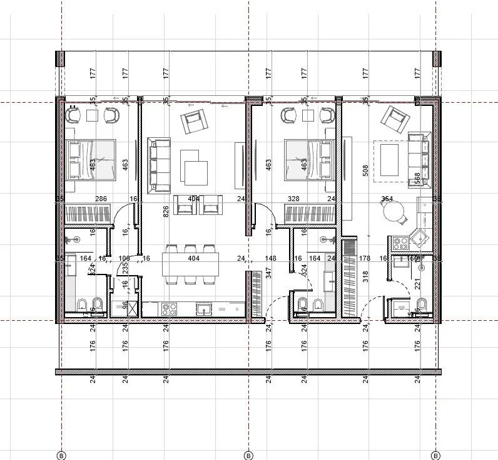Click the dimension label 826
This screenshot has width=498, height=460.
click(x=166, y=211)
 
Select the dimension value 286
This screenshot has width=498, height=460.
click(x=101, y=199)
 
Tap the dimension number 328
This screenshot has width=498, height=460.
click(x=293, y=199)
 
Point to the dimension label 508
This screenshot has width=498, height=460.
click(x=365, y=171)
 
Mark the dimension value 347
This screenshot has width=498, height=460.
click(x=268, y=273)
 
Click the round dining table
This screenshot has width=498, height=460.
click(x=395, y=214)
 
